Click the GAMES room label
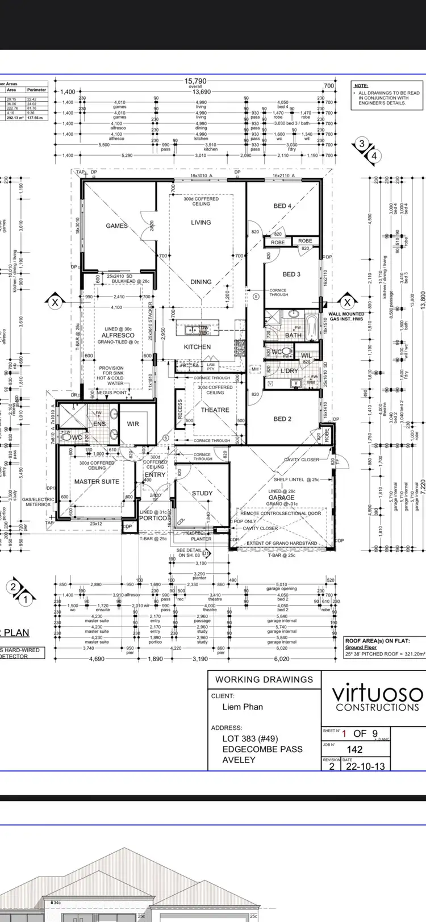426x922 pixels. (116, 226)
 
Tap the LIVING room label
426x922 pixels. (201, 223)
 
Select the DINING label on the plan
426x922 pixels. (201, 282)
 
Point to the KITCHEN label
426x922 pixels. (197, 347)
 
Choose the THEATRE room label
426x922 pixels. (215, 410)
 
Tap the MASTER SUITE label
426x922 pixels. (97, 482)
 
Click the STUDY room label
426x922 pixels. (202, 493)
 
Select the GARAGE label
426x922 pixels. (282, 498)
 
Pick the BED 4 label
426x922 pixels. (282, 206)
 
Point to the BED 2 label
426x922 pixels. (282, 419)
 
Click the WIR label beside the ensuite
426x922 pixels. (133, 424)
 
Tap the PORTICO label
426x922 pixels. (153, 518)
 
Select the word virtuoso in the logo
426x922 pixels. (377, 694)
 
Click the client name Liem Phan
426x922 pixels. (243, 707)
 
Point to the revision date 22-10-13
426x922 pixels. (364, 766)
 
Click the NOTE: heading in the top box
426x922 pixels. (361, 86)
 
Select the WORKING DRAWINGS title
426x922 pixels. (264, 679)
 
